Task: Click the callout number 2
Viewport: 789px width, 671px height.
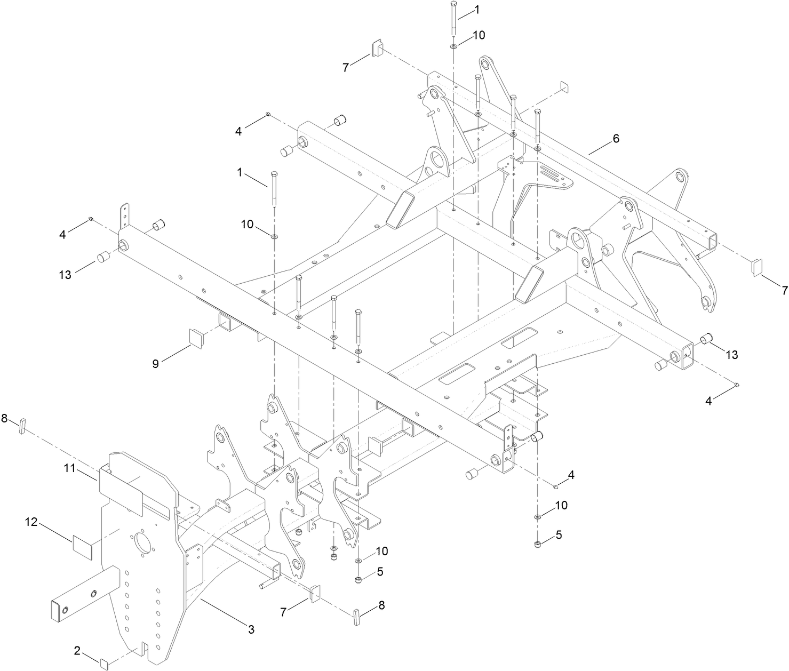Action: point(77,651)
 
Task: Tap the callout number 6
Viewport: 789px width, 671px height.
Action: point(616,139)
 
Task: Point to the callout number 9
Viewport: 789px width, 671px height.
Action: point(156,364)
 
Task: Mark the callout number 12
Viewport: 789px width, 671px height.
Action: point(31,522)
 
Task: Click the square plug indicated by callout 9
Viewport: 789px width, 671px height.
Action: point(196,338)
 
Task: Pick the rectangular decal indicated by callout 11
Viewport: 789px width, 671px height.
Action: point(121,493)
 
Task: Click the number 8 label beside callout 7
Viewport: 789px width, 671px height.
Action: point(380,605)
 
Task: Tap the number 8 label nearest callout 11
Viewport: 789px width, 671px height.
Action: point(4,419)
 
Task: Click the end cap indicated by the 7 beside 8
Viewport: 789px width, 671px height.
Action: point(315,593)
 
